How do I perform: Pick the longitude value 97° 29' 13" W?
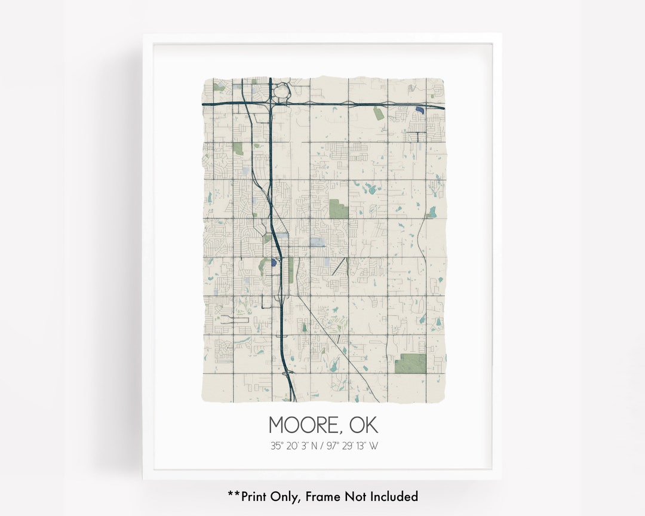(x=352, y=446)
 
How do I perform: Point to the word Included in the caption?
(x=393, y=496)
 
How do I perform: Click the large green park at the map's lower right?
(x=410, y=364)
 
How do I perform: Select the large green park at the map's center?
(x=337, y=208)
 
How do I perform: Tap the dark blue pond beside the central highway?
(x=274, y=262)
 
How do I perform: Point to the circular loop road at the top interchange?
(x=282, y=92)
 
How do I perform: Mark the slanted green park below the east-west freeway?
(x=379, y=113)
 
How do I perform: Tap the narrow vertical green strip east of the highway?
(x=291, y=270)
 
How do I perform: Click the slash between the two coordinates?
(x=322, y=446)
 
